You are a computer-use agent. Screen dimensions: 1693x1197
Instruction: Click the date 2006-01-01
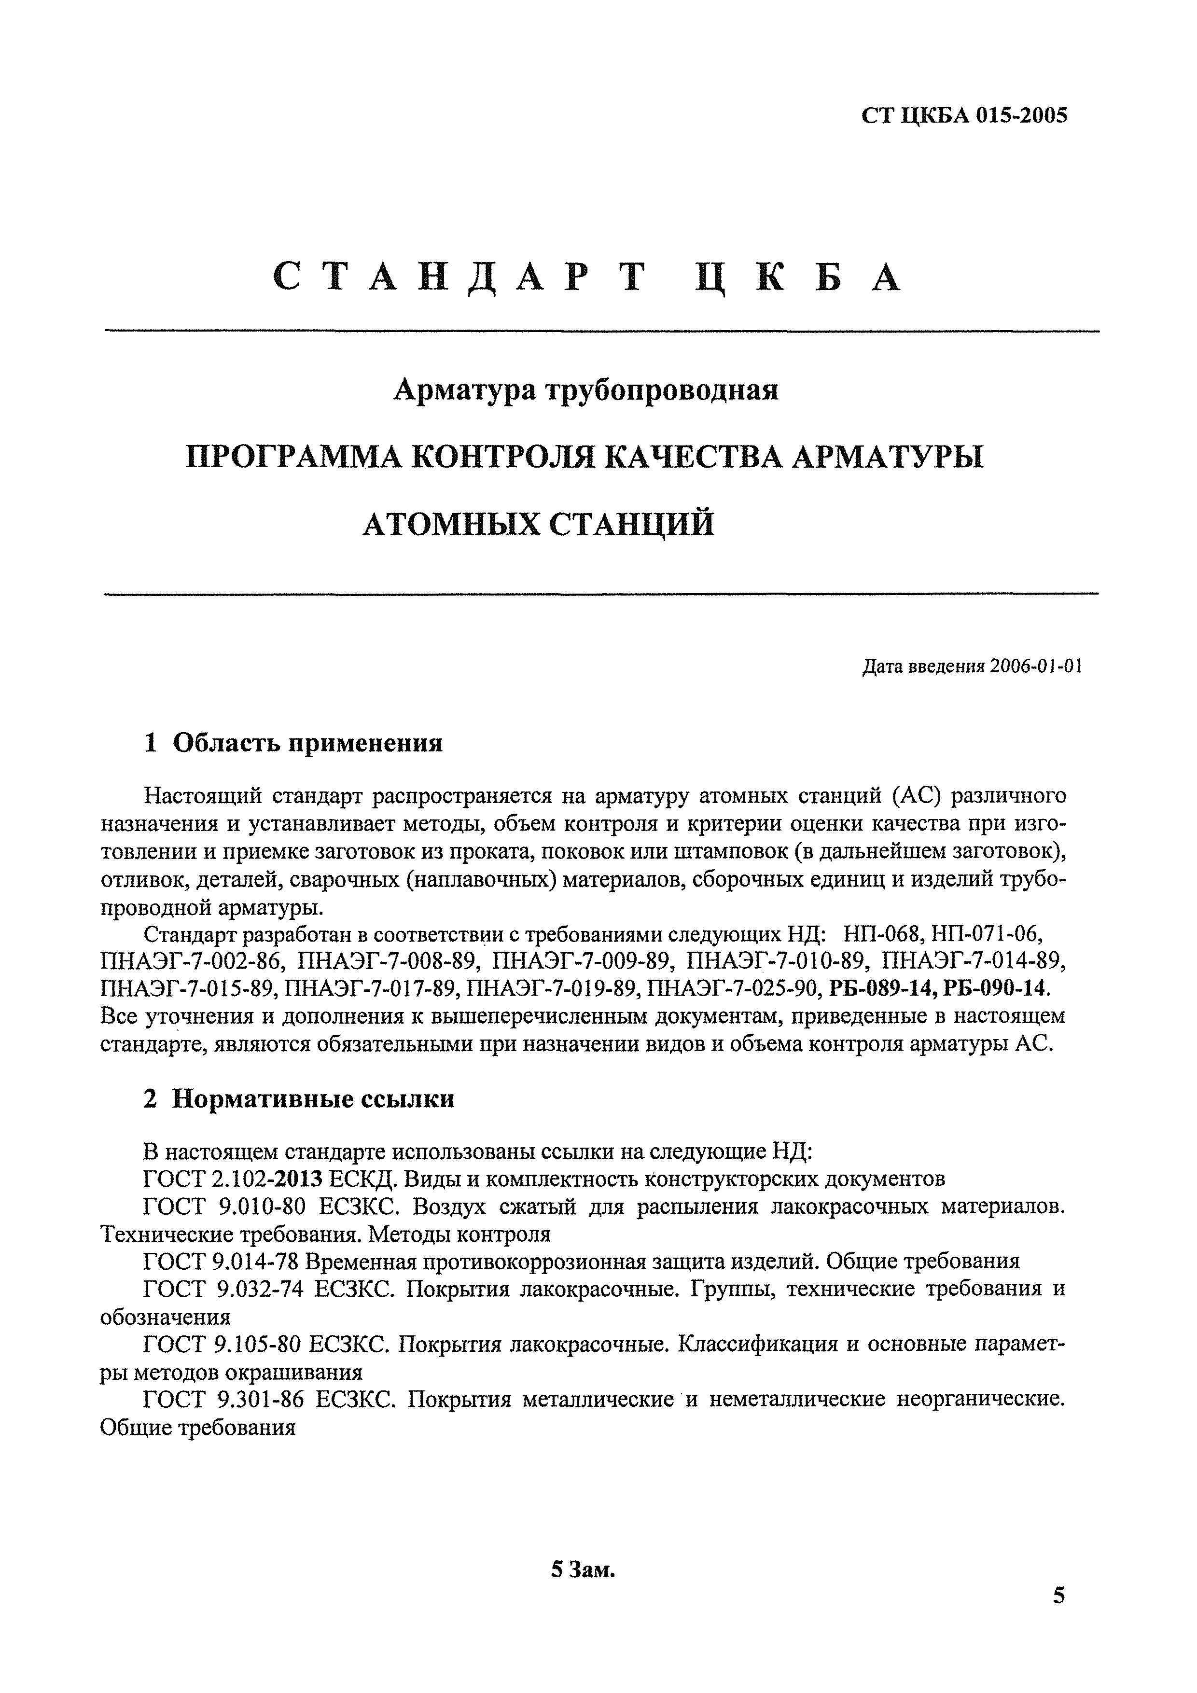point(1036,666)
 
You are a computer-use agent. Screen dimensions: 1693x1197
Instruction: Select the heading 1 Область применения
point(293,743)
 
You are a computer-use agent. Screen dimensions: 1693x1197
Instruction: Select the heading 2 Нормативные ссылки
point(299,1099)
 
